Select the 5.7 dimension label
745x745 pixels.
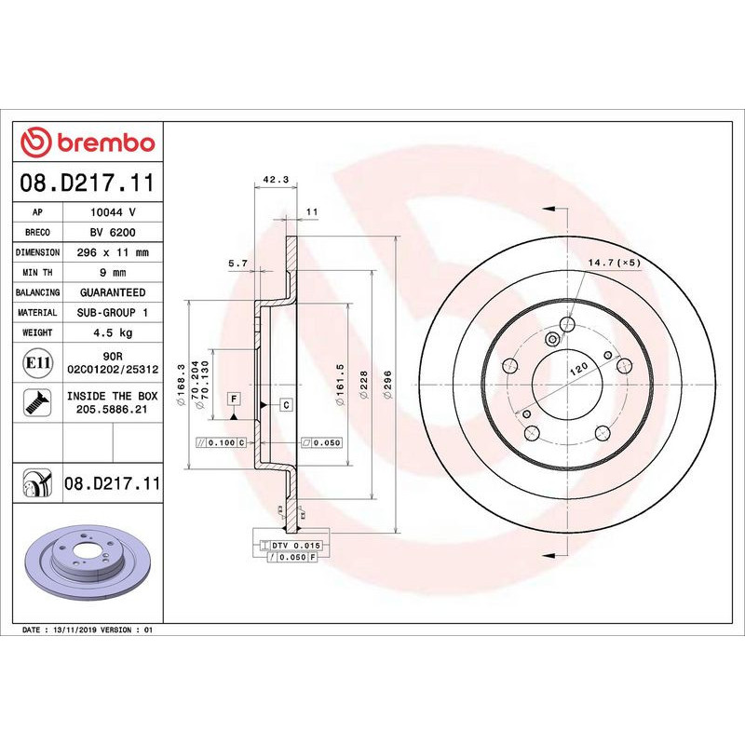click(237, 264)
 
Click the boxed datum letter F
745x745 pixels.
click(233, 399)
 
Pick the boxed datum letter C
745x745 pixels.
click(286, 404)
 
